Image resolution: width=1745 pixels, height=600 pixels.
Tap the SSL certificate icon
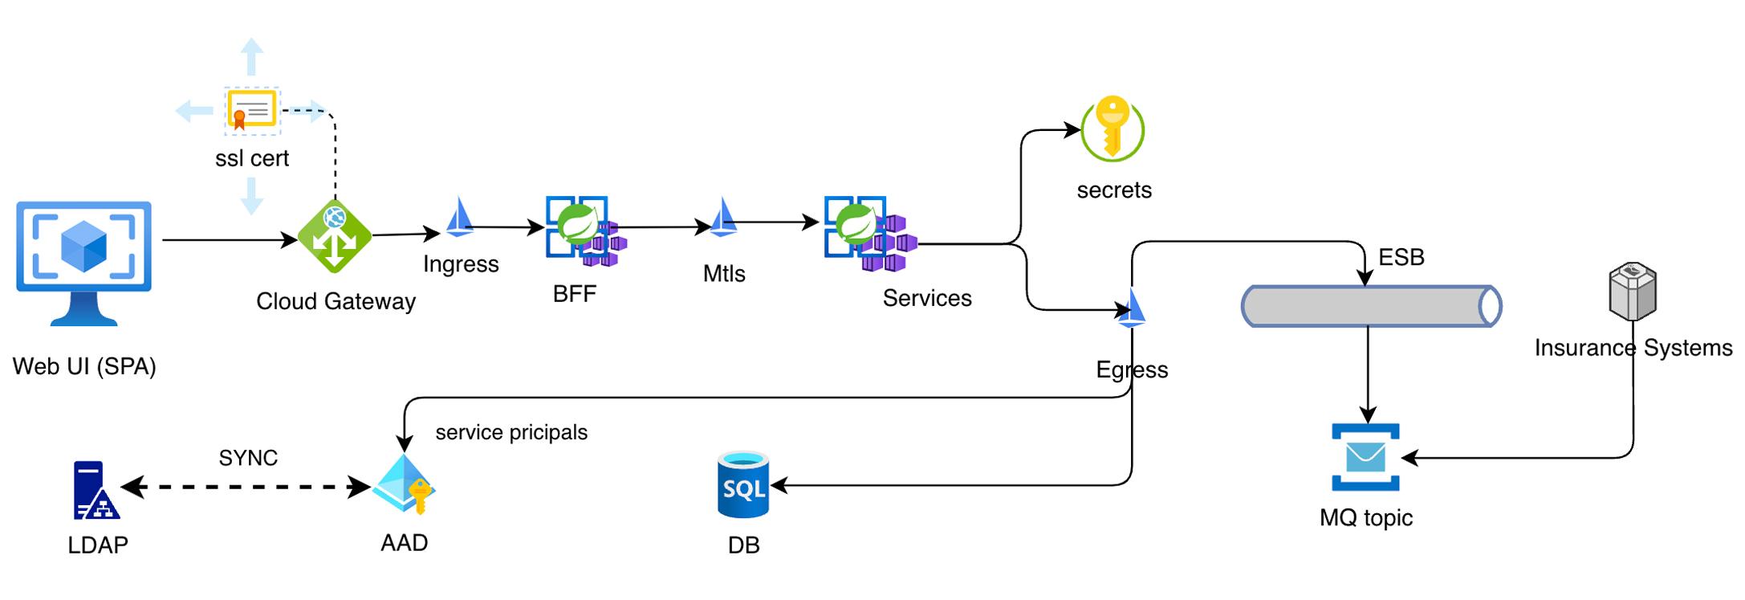click(252, 110)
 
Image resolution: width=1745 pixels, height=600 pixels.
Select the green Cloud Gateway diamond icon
click(335, 237)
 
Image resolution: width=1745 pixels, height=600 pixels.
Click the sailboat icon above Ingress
click(459, 217)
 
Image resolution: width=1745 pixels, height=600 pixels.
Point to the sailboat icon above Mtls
click(723, 217)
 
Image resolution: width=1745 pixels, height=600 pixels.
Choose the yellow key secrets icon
click(1112, 129)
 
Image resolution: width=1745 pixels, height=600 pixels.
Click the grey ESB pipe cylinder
click(1371, 306)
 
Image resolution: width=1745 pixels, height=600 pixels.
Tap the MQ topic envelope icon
click(1365, 457)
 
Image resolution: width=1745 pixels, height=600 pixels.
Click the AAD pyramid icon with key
click(405, 484)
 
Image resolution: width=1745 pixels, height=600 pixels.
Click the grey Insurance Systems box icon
click(1633, 290)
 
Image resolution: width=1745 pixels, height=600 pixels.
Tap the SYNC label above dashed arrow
click(248, 458)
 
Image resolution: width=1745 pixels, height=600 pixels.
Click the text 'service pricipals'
click(511, 432)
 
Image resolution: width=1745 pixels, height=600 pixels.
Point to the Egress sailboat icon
click(1132, 308)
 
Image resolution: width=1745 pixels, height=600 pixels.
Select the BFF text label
click(575, 294)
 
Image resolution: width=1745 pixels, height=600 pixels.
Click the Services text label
click(927, 298)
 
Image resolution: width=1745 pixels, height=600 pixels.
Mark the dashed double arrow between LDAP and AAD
click(246, 487)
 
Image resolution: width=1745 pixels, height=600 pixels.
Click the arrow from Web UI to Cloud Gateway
click(230, 239)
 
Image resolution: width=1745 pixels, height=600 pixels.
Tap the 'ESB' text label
click(1401, 257)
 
